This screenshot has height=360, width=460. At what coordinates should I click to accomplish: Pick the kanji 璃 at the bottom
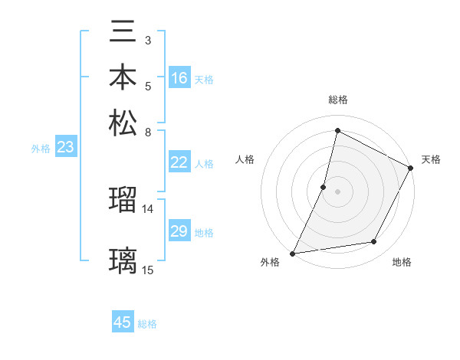pos(123,260)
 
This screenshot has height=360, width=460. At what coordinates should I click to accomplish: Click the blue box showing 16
pos(179,78)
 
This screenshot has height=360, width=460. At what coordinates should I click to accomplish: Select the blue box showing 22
pos(179,162)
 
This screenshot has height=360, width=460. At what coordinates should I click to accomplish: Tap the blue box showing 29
pos(179,231)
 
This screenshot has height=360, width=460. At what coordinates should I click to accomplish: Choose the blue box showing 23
pos(65,148)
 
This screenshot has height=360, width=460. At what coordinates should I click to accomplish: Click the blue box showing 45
pos(123,322)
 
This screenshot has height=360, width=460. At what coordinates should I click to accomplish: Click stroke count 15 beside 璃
pos(148,269)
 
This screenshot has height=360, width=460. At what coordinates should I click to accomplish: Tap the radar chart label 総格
pos(337,100)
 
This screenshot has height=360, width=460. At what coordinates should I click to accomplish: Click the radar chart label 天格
pos(431,159)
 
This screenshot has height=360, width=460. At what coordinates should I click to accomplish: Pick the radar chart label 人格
pos(245,159)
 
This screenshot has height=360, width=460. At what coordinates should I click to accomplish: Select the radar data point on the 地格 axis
pos(374,242)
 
